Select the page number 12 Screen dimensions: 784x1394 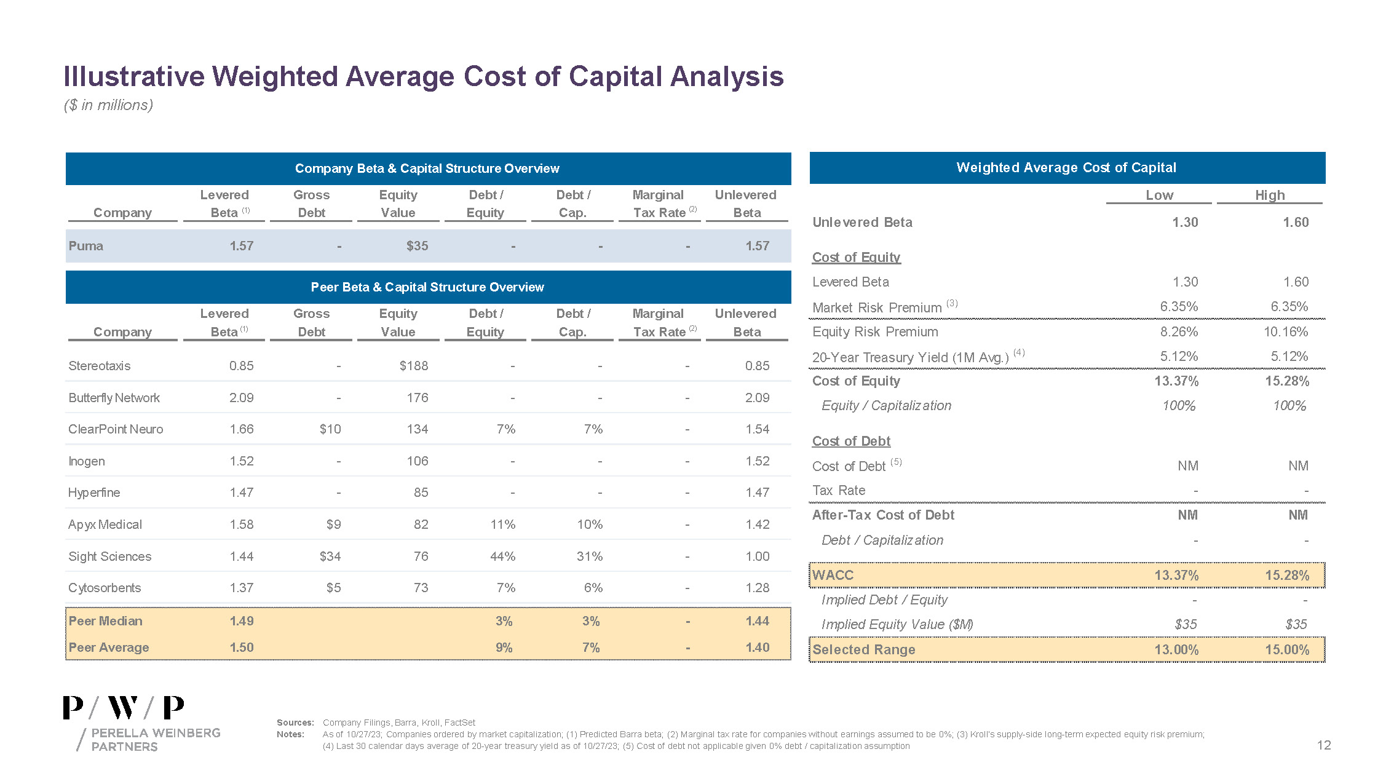1323,745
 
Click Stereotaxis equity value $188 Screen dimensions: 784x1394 414,366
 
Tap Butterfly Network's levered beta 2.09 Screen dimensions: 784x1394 241,398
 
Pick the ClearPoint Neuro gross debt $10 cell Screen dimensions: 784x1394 330,429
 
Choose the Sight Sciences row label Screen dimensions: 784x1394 110,556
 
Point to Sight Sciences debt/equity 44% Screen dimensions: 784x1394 502,556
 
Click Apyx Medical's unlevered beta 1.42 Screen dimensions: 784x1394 757,525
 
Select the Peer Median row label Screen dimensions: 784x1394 105,621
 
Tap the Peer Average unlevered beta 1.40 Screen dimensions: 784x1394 757,647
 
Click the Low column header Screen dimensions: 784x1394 1159,195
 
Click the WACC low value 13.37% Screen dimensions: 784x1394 1176,576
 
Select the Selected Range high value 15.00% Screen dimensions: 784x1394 1286,650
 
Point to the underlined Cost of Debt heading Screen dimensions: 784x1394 851,441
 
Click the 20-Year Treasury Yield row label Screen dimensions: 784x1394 910,357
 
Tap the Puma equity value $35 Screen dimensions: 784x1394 417,246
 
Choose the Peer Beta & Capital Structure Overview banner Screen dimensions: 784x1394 427,287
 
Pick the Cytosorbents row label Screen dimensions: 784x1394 105,588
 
